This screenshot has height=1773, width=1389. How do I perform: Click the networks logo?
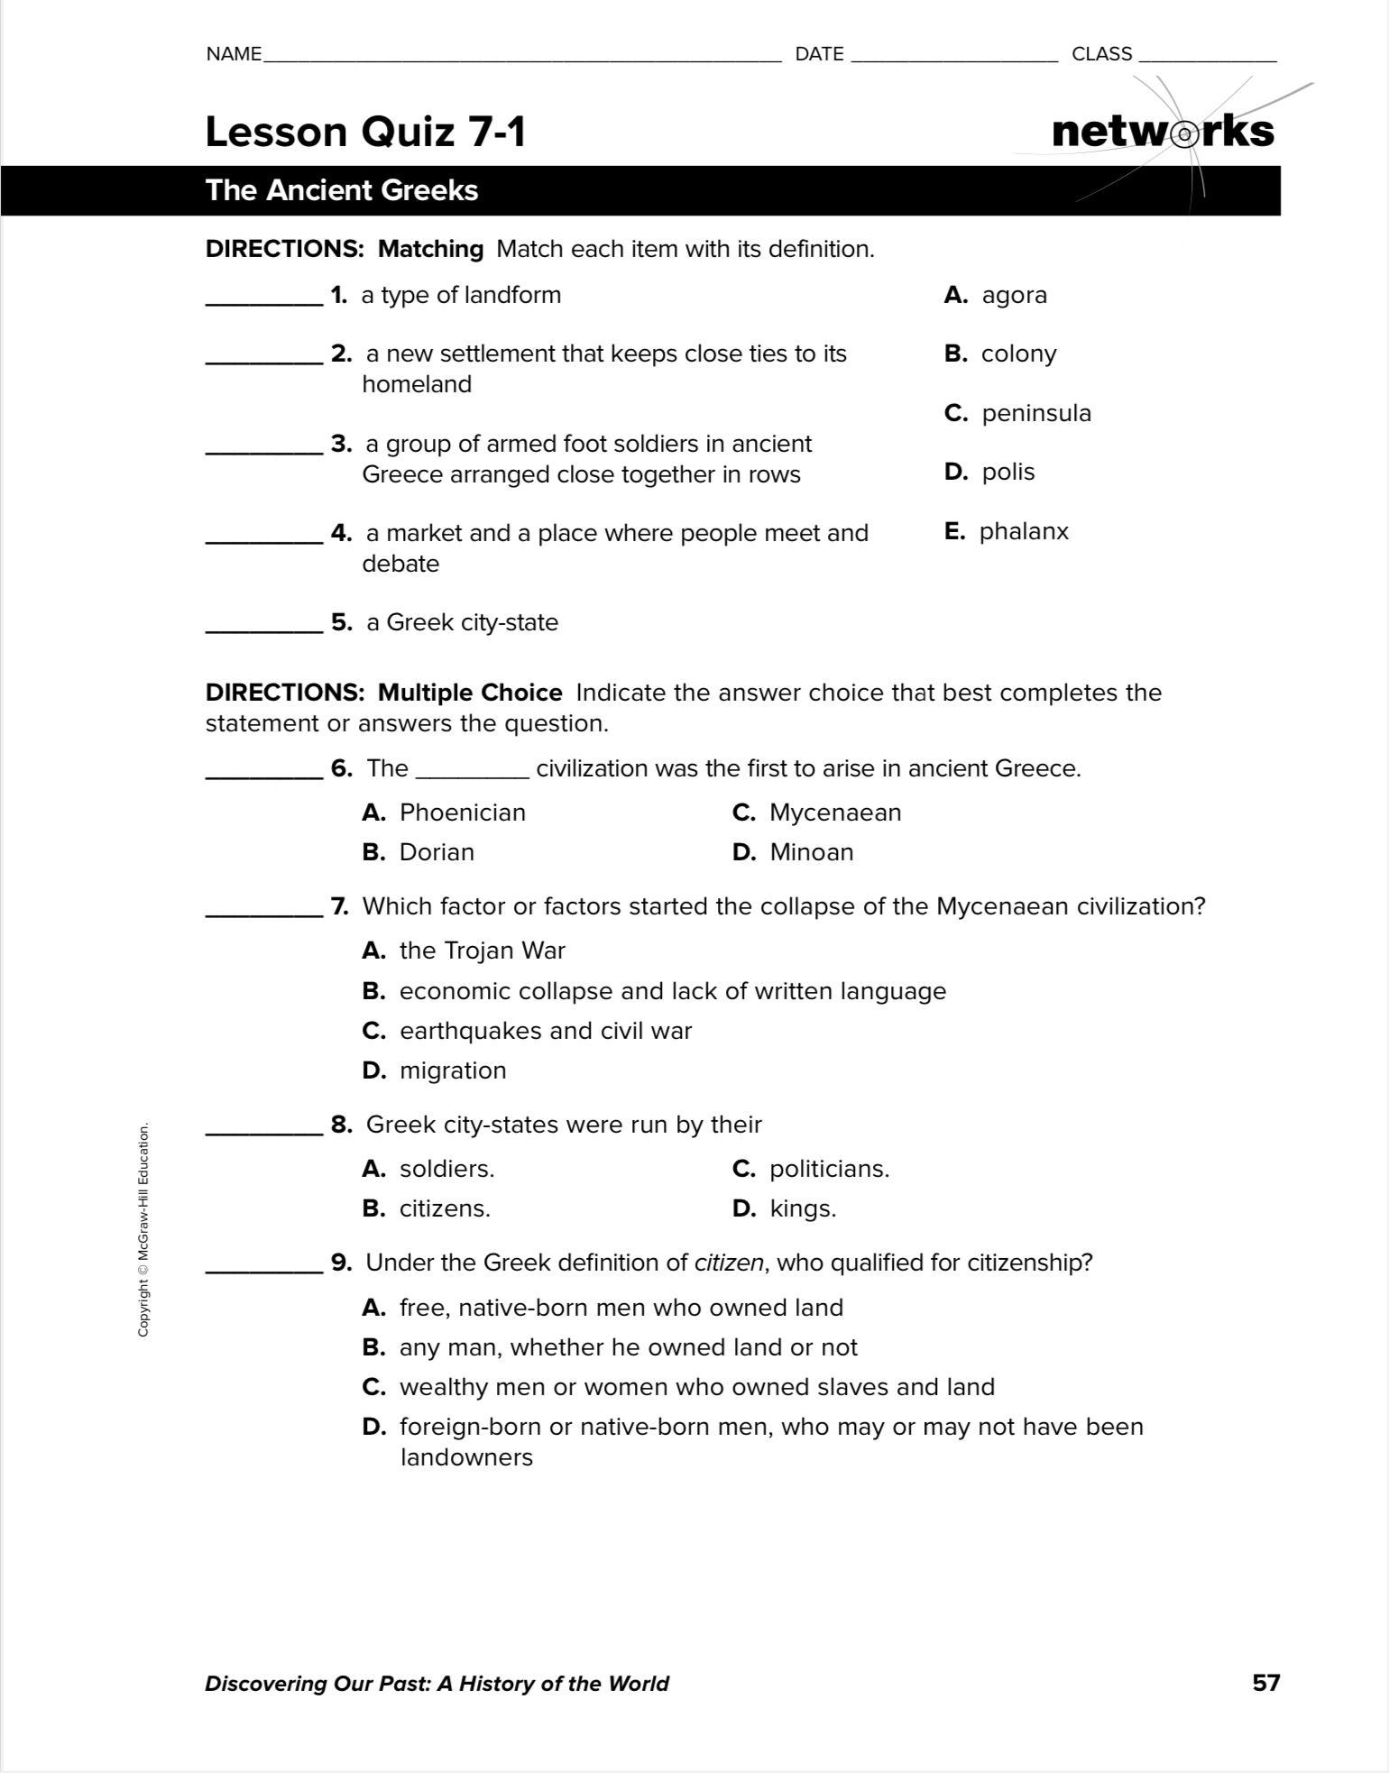point(1163,132)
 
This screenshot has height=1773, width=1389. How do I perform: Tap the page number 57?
point(1265,1683)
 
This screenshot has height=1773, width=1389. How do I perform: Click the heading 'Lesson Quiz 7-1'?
point(365,132)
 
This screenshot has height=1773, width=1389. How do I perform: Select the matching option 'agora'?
point(1014,296)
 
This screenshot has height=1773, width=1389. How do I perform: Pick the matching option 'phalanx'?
point(1024,532)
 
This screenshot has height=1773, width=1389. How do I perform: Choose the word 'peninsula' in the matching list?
point(1036,414)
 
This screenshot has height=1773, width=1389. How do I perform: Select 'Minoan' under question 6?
point(811,852)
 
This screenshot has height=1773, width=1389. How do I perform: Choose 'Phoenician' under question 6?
point(462,813)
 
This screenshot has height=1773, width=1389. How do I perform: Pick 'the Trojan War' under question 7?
point(482,951)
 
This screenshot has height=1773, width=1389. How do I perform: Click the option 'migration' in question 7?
point(453,1070)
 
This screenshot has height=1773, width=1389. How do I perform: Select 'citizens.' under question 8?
point(445,1208)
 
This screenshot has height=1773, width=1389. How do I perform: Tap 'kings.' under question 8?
point(803,1208)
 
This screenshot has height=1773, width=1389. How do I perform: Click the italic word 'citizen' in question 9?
point(729,1263)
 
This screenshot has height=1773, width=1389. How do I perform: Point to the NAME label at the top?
point(234,54)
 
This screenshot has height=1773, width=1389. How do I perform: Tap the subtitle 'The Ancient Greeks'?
point(342,190)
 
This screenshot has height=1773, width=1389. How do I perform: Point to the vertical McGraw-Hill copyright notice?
point(143,1229)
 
